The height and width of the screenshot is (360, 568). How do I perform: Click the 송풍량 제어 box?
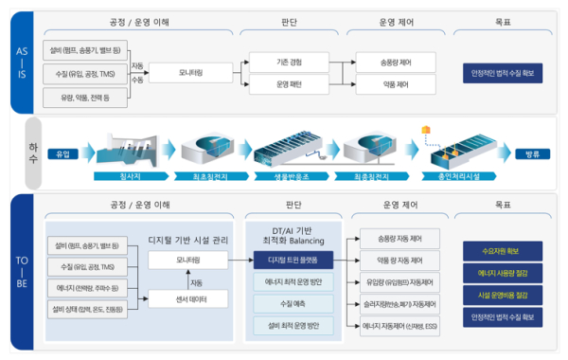tap(397, 61)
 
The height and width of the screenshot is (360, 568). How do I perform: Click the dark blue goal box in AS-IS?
tap(501, 72)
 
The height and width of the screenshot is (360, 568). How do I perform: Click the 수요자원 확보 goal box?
tap(501, 251)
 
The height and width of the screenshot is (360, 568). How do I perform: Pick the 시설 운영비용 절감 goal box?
tap(501, 295)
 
